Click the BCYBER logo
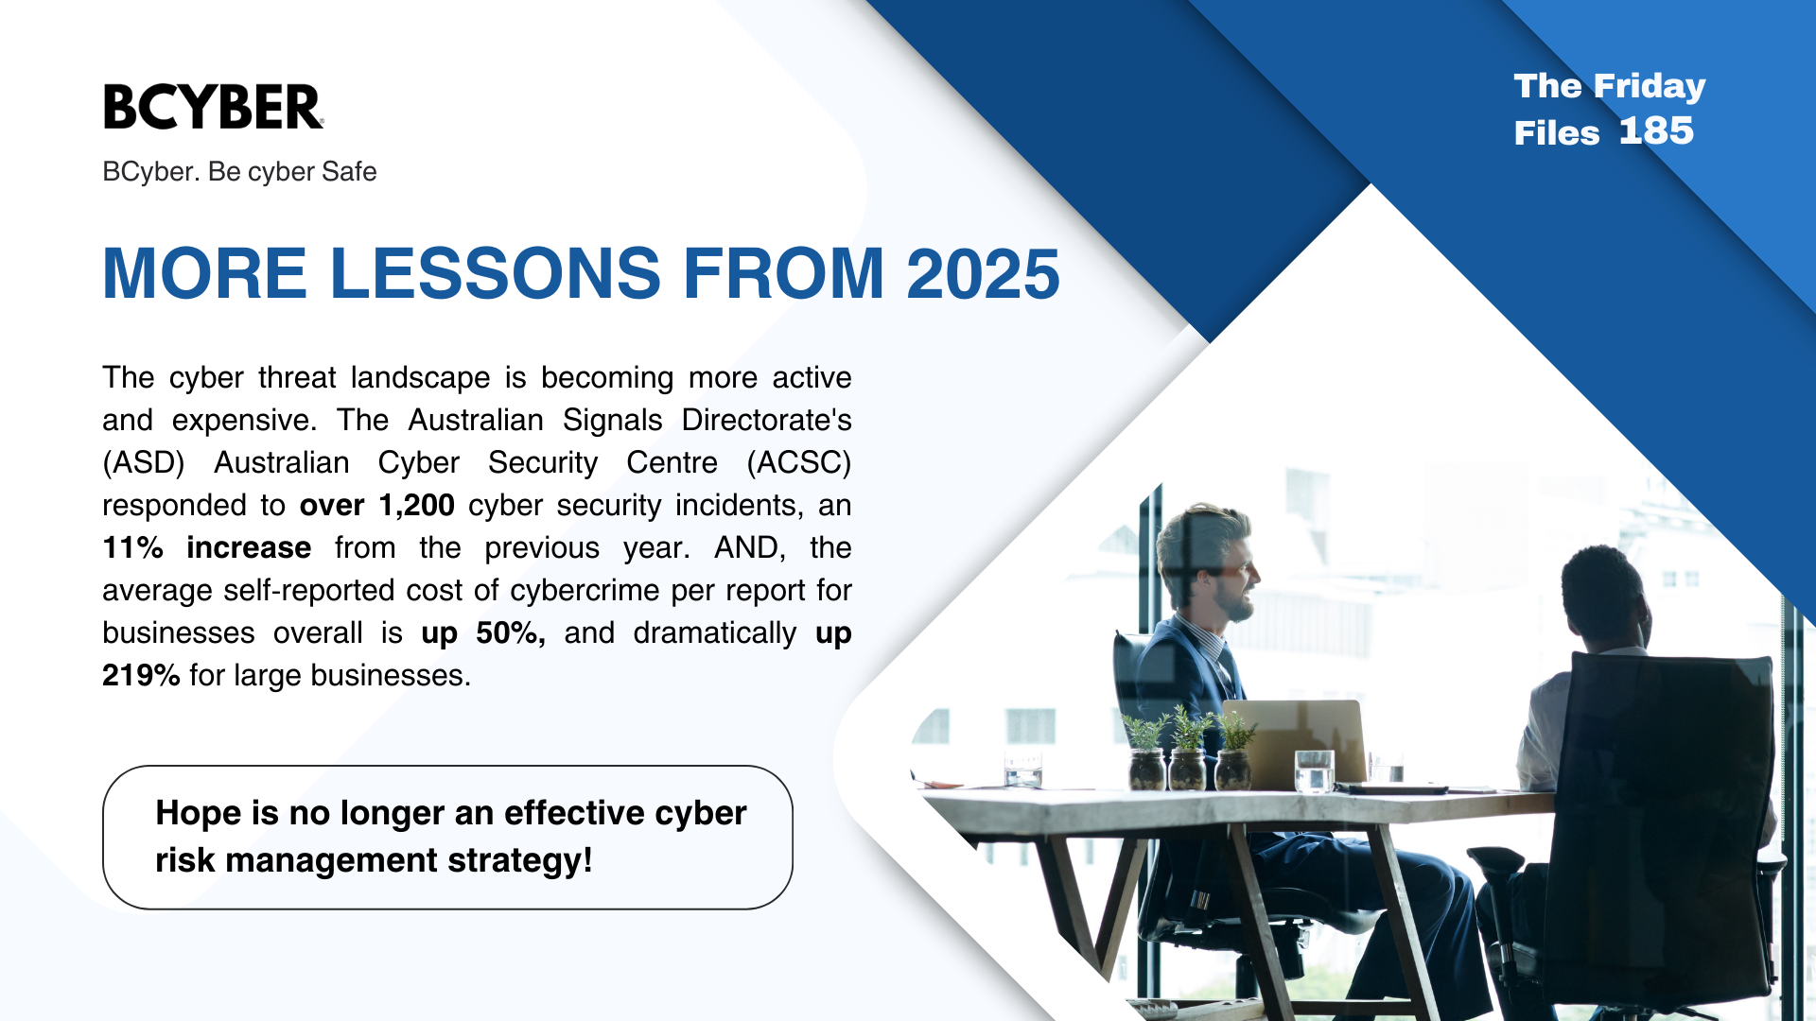pos(213,107)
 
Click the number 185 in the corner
pos(1655,131)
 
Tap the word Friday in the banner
pos(1650,86)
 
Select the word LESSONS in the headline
pos(495,274)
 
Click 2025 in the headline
pos(983,274)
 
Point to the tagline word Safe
pos(349,172)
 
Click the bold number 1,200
pos(416,506)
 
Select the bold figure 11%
pos(132,548)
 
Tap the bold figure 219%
pos(141,676)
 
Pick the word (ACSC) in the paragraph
pos(798,463)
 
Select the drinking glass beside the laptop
pos(1314,770)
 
